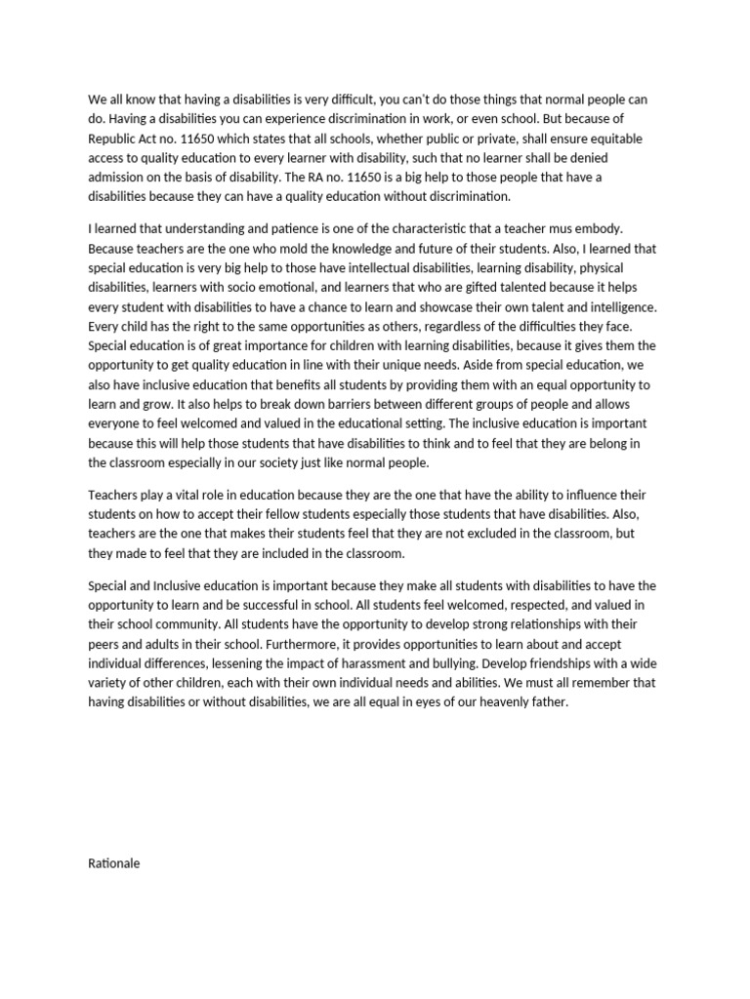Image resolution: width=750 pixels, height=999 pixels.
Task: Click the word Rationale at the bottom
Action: tap(114, 863)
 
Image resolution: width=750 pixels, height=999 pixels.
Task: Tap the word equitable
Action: tap(587, 139)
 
